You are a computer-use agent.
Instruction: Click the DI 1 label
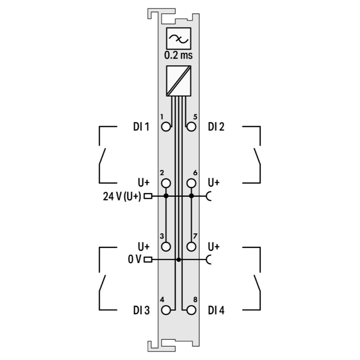(x=141, y=127)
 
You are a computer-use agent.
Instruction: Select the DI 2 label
(x=216, y=127)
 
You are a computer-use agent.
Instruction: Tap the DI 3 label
(x=141, y=311)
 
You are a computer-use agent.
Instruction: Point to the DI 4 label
(x=216, y=311)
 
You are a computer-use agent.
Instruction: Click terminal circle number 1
(x=166, y=127)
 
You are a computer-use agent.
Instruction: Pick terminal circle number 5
(x=191, y=127)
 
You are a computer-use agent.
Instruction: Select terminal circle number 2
(x=166, y=183)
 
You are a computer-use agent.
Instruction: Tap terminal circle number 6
(x=191, y=183)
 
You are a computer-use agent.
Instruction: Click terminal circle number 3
(x=166, y=247)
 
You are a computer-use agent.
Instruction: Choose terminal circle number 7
(x=191, y=247)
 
